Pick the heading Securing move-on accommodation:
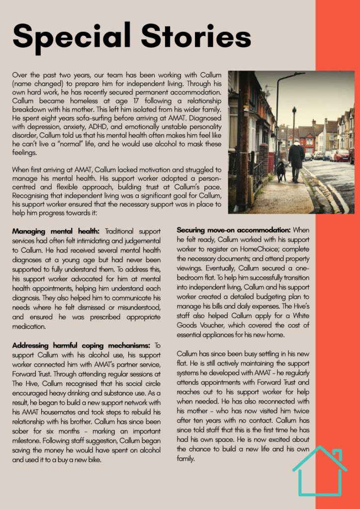click(234, 230)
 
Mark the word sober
click(22, 431)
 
